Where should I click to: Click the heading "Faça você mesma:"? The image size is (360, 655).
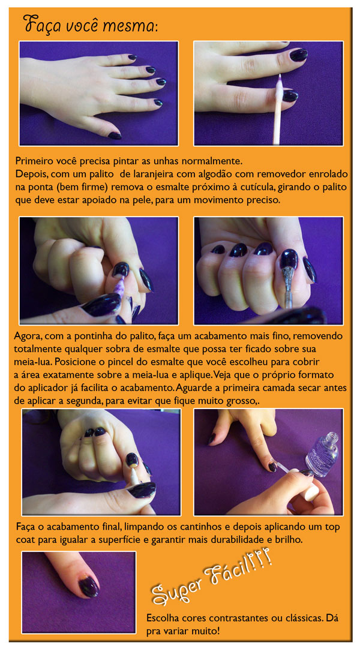coord(90,25)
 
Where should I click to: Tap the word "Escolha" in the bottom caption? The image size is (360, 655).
coord(161,618)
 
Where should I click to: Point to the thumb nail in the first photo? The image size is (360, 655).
coord(115,136)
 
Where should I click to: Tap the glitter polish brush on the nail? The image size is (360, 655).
coord(287,284)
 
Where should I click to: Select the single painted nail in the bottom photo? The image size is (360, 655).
coord(89,586)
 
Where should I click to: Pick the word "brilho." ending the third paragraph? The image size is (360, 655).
coord(288,539)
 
